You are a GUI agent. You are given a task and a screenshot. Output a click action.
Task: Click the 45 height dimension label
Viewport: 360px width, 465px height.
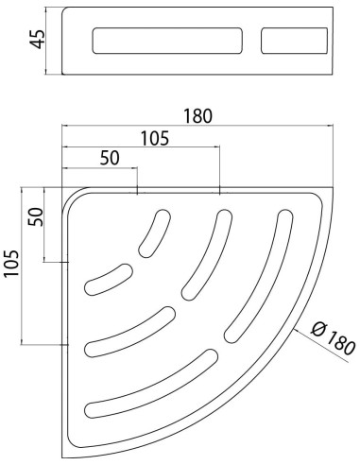coord(37,39)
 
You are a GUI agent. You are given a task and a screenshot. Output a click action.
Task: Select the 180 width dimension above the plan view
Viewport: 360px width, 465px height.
coord(197,116)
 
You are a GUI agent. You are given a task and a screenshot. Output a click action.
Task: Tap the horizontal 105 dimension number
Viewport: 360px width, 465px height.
coord(154,138)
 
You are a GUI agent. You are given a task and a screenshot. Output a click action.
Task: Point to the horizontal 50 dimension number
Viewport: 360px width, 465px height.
coord(110,158)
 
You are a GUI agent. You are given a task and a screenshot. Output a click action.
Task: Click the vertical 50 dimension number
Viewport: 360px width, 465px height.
coord(35,216)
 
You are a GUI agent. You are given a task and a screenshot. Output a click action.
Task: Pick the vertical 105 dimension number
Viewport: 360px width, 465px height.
coord(11,264)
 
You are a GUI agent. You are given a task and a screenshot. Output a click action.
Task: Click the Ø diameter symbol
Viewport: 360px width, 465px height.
coord(318,330)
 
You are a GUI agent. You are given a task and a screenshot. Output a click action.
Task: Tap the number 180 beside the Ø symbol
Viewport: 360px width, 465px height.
coord(341,345)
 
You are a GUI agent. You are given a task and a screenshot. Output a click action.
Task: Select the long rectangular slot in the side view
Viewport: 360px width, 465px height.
coord(167,41)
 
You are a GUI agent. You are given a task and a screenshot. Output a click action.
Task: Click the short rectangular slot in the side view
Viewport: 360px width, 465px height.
coord(294,41)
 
